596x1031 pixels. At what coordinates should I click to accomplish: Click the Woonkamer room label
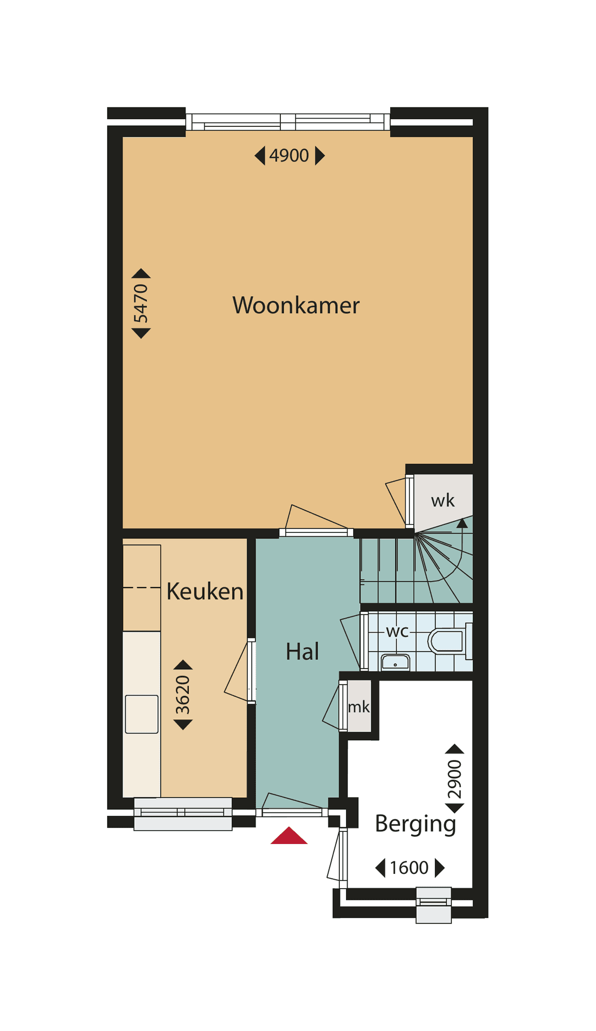click(296, 305)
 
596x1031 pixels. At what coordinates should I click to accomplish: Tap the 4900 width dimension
click(289, 156)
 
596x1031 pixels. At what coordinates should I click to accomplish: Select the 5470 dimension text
click(141, 303)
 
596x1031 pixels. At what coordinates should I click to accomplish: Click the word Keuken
click(205, 591)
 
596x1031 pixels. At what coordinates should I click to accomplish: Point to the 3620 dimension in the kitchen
click(183, 695)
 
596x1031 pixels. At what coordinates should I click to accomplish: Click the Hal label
click(302, 651)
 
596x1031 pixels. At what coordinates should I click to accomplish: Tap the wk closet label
click(443, 501)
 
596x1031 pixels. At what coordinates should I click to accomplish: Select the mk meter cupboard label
click(359, 707)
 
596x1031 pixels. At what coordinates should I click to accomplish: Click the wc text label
click(397, 631)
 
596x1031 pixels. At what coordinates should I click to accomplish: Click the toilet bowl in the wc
click(447, 641)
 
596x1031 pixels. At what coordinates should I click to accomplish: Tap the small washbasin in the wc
click(395, 661)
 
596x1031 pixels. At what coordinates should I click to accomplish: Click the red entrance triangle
click(289, 836)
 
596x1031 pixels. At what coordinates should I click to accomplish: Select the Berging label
click(415, 824)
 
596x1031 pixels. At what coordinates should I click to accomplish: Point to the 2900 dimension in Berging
click(455, 779)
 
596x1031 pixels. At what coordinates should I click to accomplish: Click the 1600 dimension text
click(409, 868)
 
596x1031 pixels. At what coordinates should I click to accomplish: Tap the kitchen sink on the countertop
click(142, 714)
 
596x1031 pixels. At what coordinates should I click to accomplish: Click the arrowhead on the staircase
click(462, 523)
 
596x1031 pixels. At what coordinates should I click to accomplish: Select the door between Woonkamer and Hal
click(316, 532)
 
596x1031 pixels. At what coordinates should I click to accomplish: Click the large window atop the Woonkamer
click(288, 121)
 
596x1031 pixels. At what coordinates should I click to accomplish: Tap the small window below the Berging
click(434, 905)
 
